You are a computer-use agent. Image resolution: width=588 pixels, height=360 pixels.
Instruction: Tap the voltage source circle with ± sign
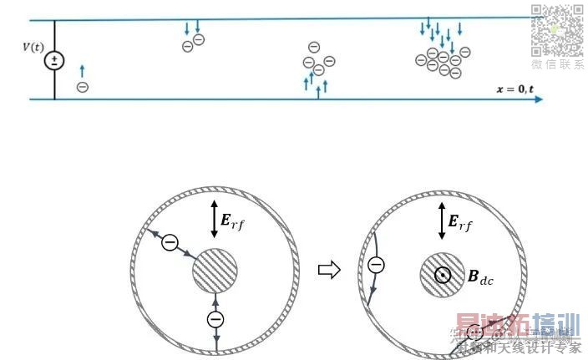click(x=54, y=60)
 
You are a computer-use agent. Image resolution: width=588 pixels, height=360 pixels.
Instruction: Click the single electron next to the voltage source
click(x=82, y=85)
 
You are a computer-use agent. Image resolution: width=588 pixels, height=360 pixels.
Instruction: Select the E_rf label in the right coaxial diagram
click(x=460, y=221)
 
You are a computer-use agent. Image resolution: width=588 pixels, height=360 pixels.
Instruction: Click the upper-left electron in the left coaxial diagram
click(x=170, y=243)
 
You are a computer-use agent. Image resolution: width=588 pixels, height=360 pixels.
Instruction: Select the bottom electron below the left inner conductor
click(x=215, y=320)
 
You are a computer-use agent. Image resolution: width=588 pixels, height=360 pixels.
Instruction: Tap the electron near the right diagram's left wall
click(x=376, y=265)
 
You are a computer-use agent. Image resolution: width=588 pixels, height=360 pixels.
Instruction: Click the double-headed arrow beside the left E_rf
click(x=214, y=216)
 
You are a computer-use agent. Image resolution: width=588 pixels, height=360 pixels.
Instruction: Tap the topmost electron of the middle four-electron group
click(x=313, y=47)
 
